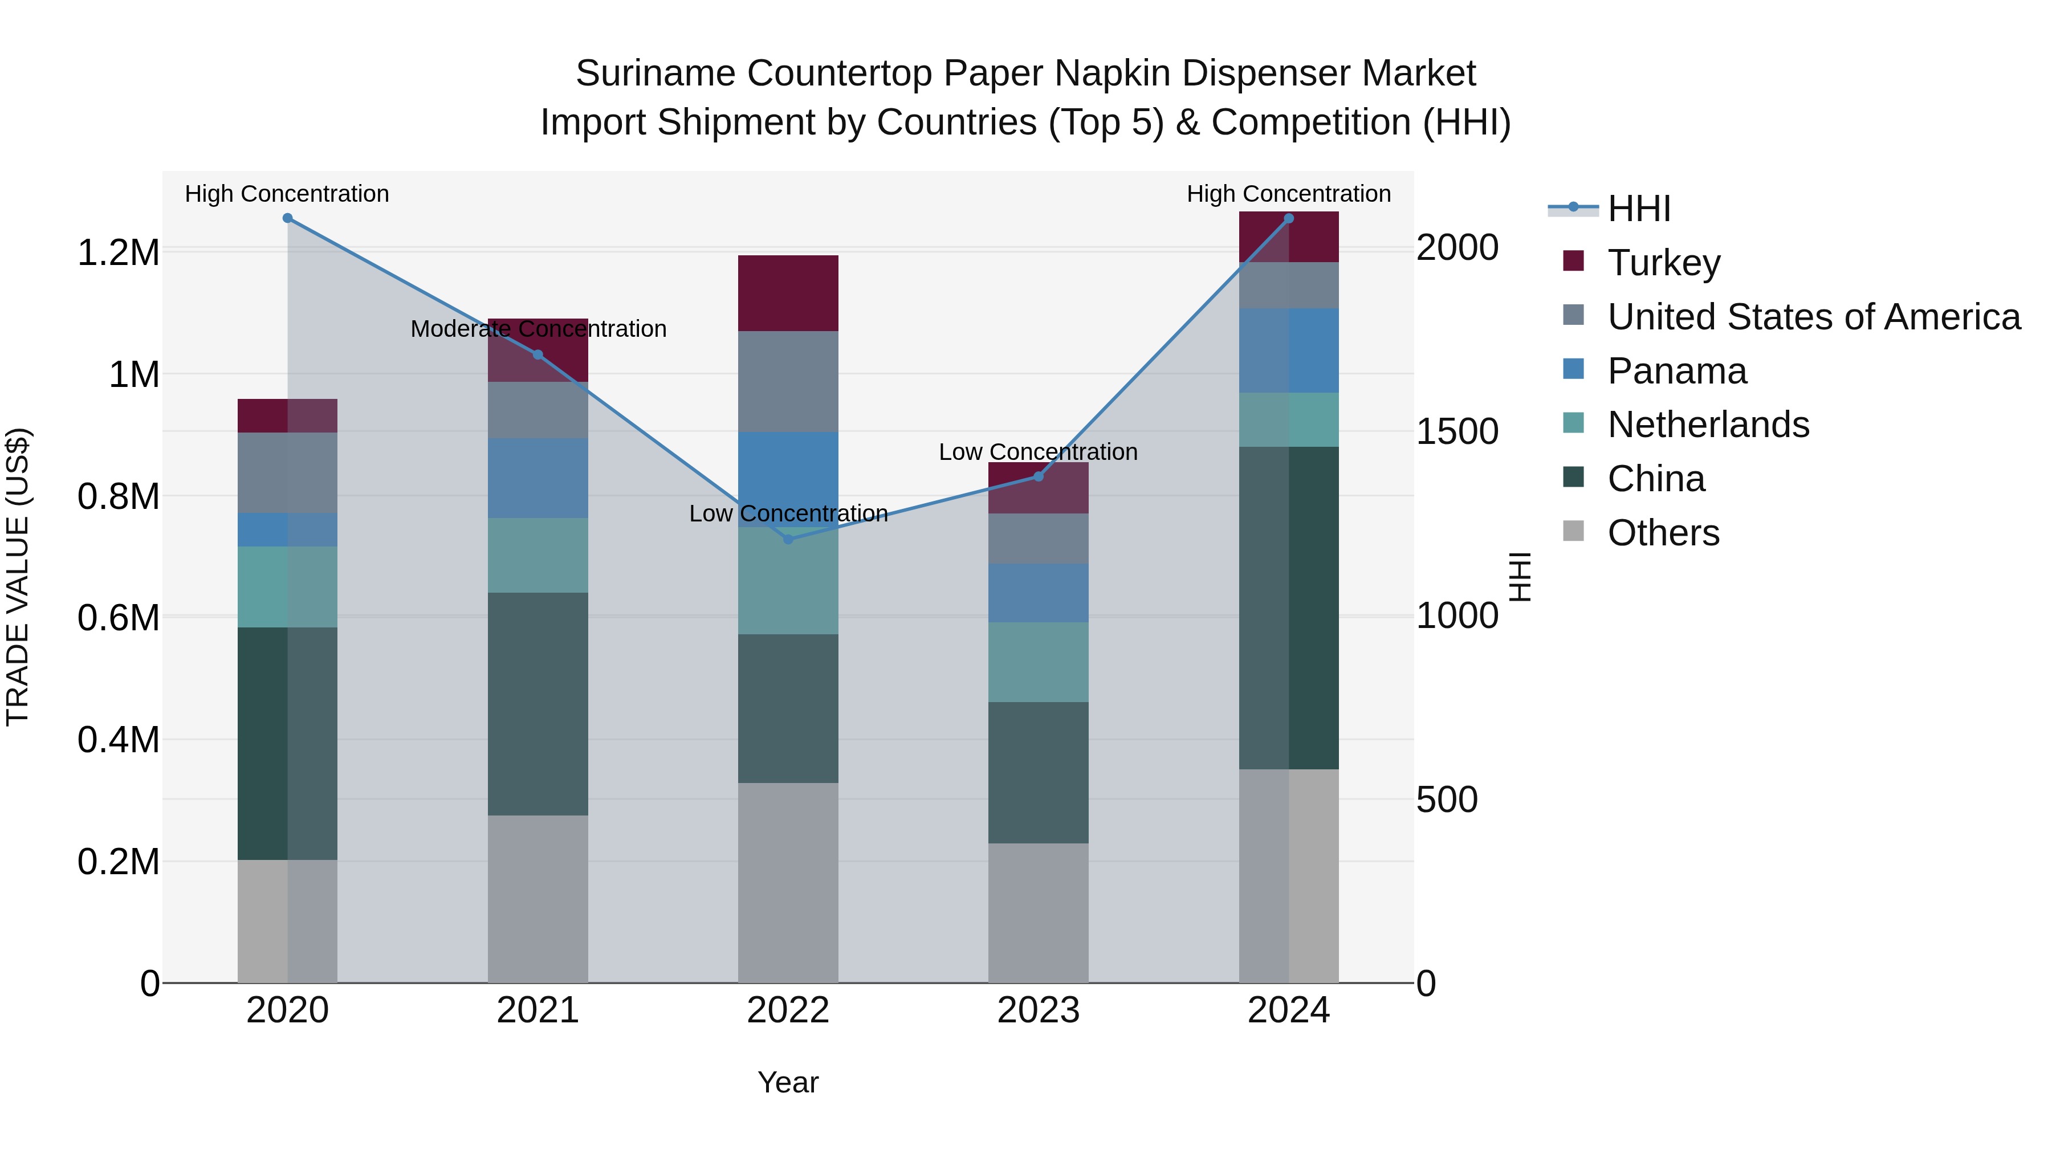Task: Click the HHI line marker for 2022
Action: click(788, 539)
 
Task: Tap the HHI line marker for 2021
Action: click(538, 354)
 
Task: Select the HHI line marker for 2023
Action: click(1038, 476)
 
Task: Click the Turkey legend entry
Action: click(1663, 262)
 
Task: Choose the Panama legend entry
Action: click(1677, 371)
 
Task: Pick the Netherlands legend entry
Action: click(1708, 425)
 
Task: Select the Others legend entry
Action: click(1663, 533)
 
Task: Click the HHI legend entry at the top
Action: click(1639, 209)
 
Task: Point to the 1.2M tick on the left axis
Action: click(118, 252)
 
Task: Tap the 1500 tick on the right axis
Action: click(1457, 431)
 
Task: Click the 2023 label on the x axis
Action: click(1038, 1010)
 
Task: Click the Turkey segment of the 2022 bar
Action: click(788, 293)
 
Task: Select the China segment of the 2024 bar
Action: click(1289, 607)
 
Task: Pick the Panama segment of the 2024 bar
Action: click(1289, 350)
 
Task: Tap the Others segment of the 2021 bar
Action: click(538, 898)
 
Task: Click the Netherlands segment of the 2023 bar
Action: click(1038, 662)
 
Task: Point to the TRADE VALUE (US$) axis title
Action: click(18, 577)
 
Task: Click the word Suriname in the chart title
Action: click(655, 74)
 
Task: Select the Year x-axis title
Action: click(788, 1082)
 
